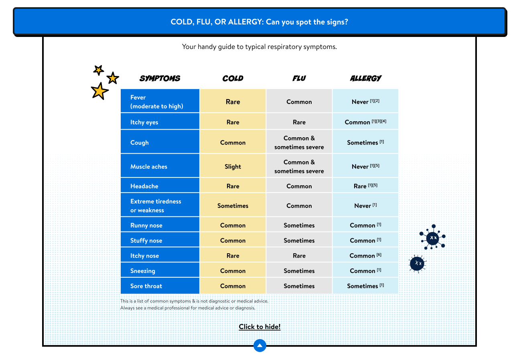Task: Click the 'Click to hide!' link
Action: point(259,327)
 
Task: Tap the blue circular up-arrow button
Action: point(260,346)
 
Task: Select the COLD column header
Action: point(233,78)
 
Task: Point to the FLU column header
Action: point(299,78)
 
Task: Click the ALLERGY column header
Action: point(366,78)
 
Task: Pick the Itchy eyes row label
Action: point(144,122)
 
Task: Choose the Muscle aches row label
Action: point(149,167)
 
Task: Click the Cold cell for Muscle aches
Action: point(233,167)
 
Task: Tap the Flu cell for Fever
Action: point(299,102)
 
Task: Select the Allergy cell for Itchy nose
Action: point(365,256)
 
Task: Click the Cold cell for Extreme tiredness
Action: point(233,205)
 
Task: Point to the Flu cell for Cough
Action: point(299,142)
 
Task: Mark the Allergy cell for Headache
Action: point(365,186)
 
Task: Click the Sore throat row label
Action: point(146,286)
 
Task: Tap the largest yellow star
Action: point(99,91)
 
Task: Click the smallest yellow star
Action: point(99,70)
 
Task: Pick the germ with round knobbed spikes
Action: point(433,237)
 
